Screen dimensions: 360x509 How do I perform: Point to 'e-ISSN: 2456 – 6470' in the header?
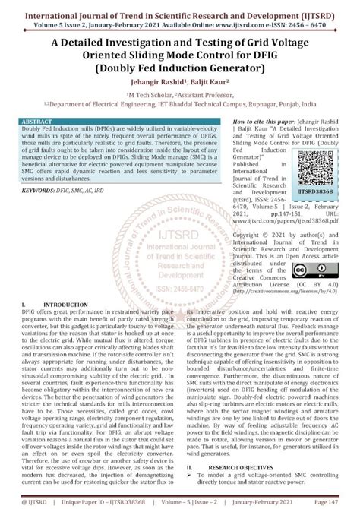(308, 23)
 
